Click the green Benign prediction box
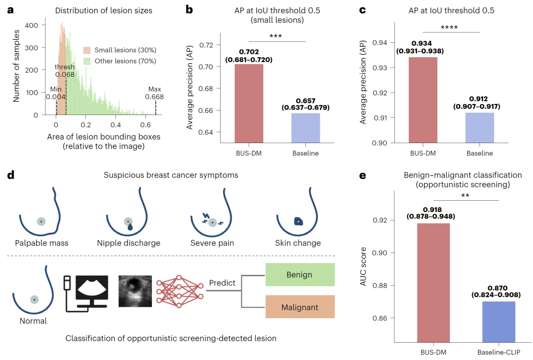pos(300,274)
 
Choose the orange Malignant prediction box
pos(300,307)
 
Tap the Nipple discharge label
pos(129,243)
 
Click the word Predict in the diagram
pos(222,283)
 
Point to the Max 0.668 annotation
pos(154,93)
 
